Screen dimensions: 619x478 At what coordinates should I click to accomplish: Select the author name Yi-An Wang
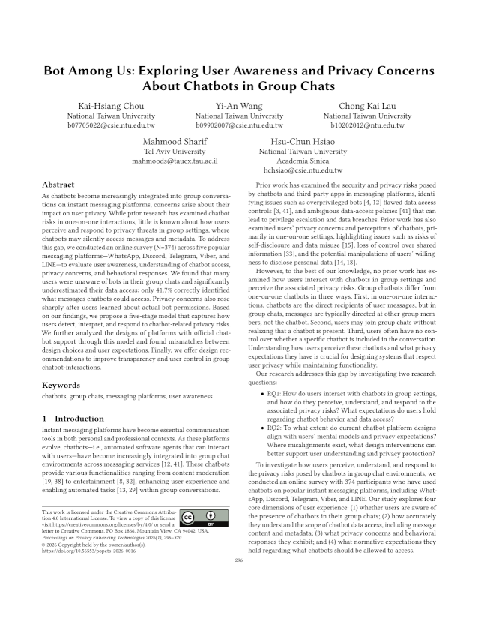(x=239, y=105)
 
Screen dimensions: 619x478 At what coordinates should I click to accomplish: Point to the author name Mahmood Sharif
(x=174, y=141)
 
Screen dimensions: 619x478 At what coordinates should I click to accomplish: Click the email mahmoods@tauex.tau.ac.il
(x=174, y=161)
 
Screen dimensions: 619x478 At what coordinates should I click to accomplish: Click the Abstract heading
(x=58, y=184)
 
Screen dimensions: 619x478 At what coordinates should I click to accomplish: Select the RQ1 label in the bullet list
(x=277, y=392)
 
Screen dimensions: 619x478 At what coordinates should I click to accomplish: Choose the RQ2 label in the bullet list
(x=277, y=427)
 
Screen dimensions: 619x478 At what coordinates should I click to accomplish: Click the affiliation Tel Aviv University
(x=174, y=152)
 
